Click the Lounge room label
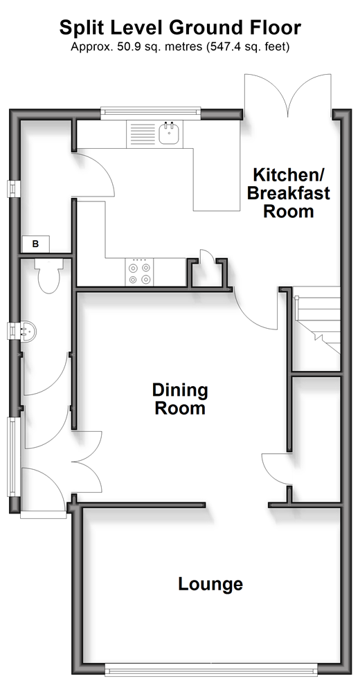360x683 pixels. (x=210, y=583)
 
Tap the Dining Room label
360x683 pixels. (x=179, y=399)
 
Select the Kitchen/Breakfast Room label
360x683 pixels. (x=288, y=193)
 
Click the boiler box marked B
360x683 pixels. (x=36, y=244)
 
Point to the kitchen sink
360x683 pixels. (x=169, y=134)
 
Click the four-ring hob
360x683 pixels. (x=139, y=272)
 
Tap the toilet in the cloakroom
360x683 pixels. (x=48, y=275)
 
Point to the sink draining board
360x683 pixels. (x=141, y=134)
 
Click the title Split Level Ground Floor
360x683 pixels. (x=180, y=28)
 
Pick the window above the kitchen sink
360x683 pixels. (x=151, y=113)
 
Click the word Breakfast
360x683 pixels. (x=288, y=193)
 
